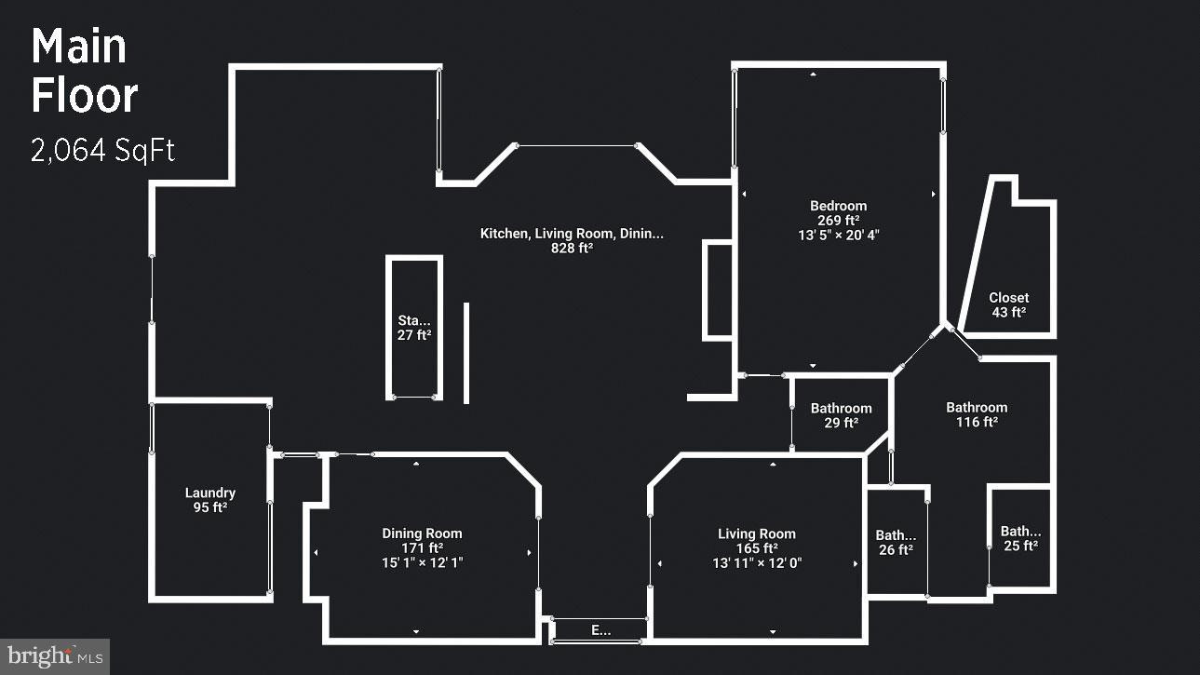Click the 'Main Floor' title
point(84,72)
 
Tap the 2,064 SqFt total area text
point(102,151)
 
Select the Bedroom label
point(838,206)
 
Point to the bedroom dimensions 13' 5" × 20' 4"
point(838,236)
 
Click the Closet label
point(1009,298)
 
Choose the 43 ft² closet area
point(1009,313)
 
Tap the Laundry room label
point(210,493)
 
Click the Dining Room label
point(422,533)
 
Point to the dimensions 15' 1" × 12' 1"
point(422,563)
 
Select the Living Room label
point(757,533)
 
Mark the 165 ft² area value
point(757,548)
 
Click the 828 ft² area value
point(572,249)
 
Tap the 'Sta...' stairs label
point(414,320)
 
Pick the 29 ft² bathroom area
point(842,423)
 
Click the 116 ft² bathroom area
point(977,423)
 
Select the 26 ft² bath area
point(896,550)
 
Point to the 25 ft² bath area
point(1020,547)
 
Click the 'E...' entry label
point(601,630)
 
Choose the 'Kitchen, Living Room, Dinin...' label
point(572,234)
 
